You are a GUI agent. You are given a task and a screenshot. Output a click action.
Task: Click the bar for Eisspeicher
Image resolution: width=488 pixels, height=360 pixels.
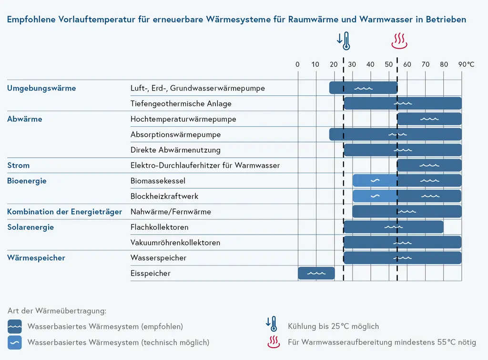[316, 273]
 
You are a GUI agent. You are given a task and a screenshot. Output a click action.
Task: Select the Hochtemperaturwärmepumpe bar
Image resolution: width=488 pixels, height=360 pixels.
[429, 119]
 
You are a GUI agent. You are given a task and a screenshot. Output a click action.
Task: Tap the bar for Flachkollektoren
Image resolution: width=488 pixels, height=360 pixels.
[394, 227]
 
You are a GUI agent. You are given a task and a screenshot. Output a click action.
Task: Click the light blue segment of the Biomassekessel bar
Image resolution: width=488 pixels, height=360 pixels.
[375, 181]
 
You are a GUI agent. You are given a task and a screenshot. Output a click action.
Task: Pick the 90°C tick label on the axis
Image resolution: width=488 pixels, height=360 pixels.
[467, 64]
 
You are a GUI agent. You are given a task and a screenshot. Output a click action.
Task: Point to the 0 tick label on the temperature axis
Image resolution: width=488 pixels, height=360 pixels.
[298, 64]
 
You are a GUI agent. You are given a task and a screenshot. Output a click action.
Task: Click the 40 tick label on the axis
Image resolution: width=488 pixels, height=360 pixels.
[371, 64]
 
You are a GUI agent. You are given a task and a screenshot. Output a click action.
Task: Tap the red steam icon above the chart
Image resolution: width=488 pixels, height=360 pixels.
[399, 41]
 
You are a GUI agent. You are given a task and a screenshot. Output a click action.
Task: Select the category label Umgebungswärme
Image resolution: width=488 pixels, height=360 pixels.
[41, 88]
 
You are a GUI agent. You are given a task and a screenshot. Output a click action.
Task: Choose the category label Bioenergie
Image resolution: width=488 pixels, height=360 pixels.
[27, 181]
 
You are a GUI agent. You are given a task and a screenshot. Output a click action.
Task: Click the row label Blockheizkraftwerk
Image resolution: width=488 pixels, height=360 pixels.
[164, 196]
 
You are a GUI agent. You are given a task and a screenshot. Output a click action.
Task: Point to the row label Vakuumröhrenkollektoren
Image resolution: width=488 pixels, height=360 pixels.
[175, 243]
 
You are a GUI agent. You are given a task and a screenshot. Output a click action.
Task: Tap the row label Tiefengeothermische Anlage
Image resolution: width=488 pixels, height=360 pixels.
[181, 103]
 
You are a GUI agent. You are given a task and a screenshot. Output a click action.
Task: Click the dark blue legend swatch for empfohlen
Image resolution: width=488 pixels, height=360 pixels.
[15, 327]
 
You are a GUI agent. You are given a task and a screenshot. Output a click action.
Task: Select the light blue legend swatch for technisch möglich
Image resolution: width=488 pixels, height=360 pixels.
[15, 342]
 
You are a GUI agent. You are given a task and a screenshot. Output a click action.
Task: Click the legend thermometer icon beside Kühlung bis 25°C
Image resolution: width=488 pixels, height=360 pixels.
[272, 324]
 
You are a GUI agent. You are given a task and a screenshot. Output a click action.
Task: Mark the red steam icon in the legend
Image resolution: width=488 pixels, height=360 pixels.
[273, 342]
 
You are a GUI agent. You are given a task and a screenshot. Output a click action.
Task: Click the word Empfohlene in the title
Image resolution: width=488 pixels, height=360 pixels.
[30, 20]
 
